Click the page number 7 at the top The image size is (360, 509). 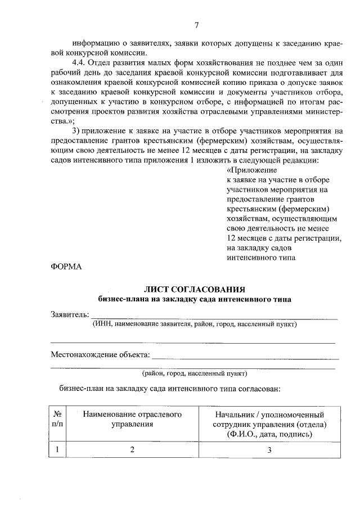point(196,24)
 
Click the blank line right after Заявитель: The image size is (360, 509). point(214,317)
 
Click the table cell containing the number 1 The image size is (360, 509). point(57,450)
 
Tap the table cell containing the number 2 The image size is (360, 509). point(133,450)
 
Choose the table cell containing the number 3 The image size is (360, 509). point(269,450)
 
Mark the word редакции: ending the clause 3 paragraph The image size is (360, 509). point(300,160)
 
